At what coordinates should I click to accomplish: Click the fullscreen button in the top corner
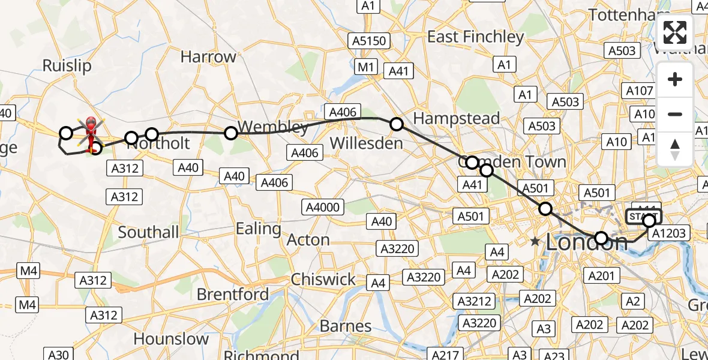pos(675,32)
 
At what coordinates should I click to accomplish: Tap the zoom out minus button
pos(675,114)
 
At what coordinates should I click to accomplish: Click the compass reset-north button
pos(675,149)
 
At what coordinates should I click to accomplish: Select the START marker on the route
pos(643,217)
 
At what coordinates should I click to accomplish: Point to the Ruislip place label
pos(67,65)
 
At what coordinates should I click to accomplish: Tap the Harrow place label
pos(208,57)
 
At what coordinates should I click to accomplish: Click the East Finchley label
pos(475,37)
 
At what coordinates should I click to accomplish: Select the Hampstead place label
pos(456,118)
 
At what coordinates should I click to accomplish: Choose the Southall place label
pos(148,232)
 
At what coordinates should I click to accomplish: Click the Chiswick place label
pos(323,279)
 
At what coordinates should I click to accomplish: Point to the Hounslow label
pos(171,339)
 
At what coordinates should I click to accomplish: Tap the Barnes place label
pos(346,326)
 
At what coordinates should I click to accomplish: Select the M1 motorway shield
pos(365,67)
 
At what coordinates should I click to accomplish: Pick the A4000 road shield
pos(323,208)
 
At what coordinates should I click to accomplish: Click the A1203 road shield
pos(668,233)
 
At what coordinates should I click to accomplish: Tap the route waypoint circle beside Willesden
pos(397,124)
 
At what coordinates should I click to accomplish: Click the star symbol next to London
pos(535,241)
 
